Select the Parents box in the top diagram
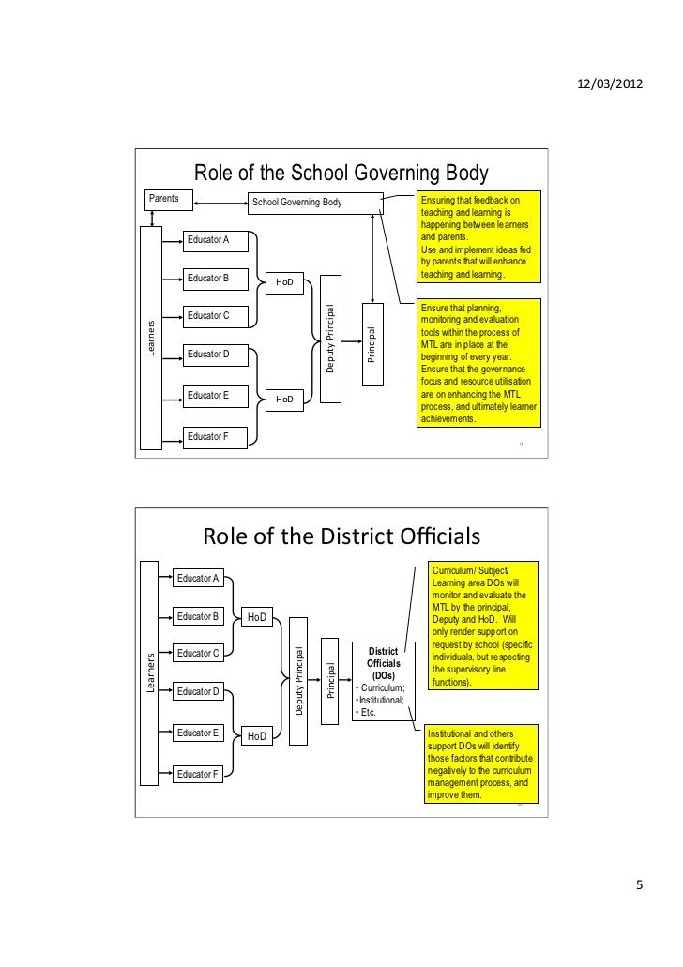tap(168, 200)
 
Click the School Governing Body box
tap(313, 203)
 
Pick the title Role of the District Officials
tap(341, 536)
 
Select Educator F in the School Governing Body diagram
tap(214, 437)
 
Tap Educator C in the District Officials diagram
tap(198, 652)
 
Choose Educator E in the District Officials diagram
tap(198, 733)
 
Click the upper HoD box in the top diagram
tap(284, 281)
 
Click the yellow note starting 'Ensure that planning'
tap(478, 364)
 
